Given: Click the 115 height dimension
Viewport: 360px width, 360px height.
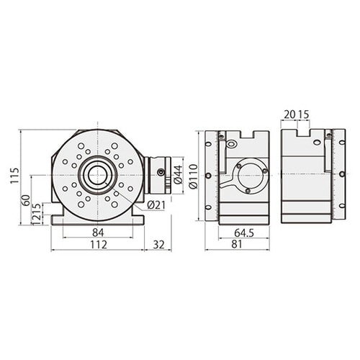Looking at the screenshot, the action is [x=14, y=176].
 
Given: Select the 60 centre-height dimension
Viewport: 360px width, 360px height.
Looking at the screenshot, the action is [x=26, y=200].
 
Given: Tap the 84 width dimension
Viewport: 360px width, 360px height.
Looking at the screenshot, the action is [x=98, y=233].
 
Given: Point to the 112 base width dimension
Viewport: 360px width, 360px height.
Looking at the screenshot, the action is [x=99, y=245].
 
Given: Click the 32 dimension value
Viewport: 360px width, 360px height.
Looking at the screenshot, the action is [x=158, y=245].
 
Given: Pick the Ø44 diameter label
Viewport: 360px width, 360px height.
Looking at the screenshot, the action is [x=179, y=174].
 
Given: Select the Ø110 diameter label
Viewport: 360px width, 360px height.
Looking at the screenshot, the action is [x=194, y=176].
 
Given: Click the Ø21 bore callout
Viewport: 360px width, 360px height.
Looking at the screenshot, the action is [x=156, y=205].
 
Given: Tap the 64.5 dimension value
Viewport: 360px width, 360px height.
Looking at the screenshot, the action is [x=244, y=233].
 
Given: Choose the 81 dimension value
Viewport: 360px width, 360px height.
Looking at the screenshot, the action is [x=237, y=244].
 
